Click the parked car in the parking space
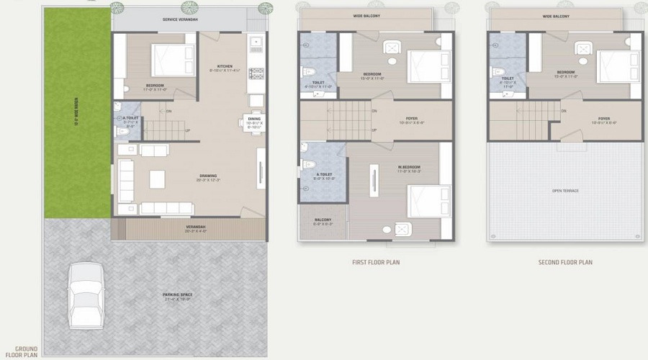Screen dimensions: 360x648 [x=86, y=296]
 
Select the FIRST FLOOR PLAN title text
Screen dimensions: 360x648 [x=376, y=262]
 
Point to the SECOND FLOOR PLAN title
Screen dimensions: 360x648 [x=565, y=262]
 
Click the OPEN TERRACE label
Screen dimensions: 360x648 [x=565, y=191]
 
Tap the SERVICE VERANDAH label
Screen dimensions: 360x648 [x=179, y=19]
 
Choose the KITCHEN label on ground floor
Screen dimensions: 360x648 [x=225, y=67]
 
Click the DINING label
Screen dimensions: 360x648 [x=254, y=119]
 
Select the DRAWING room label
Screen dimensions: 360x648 [x=208, y=176]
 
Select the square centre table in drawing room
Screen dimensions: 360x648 [x=158, y=179]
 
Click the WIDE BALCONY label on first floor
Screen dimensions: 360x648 [x=366, y=15]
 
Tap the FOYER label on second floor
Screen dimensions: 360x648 [x=603, y=119]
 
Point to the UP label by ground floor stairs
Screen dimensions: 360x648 [x=188, y=130]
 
